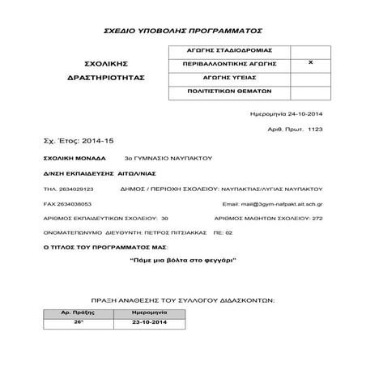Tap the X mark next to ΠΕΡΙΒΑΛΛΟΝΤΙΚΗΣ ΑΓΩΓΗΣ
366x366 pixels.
tap(312, 62)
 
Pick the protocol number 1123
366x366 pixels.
tap(315, 129)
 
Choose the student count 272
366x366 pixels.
tap(318, 219)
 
